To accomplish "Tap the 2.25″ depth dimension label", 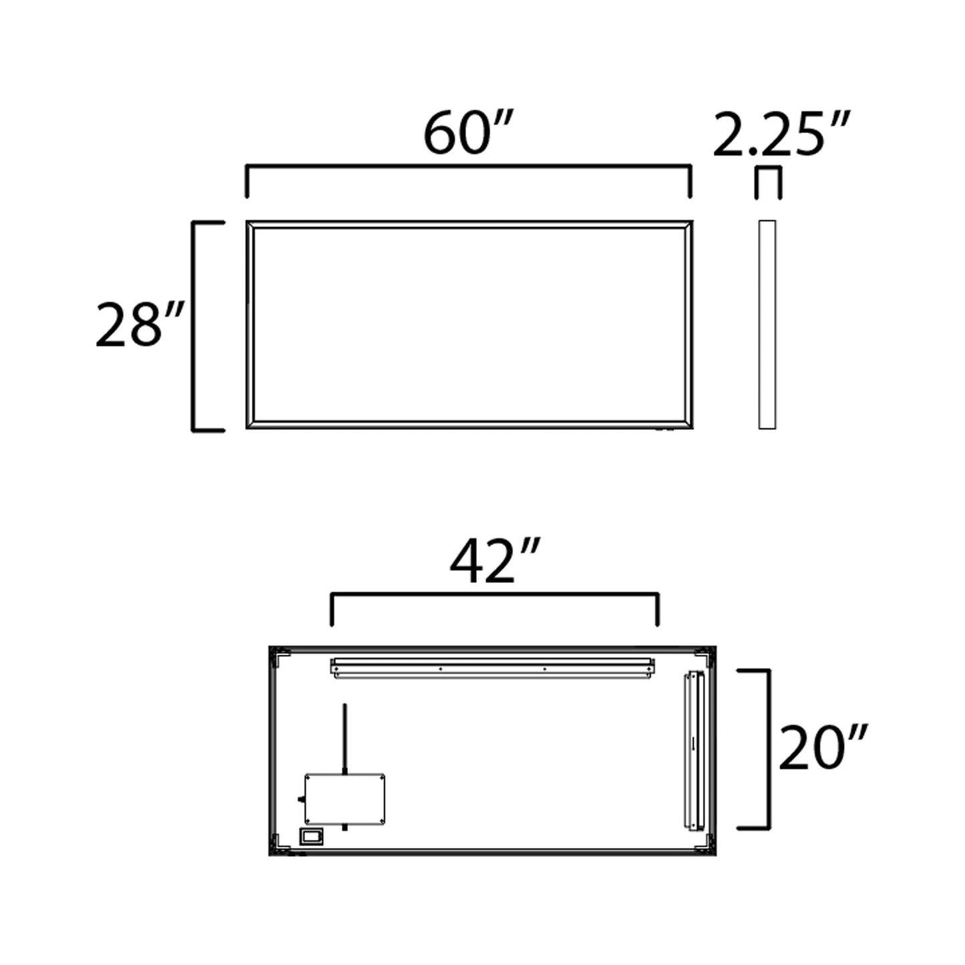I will point(780,136).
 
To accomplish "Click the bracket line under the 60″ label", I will point(468,167).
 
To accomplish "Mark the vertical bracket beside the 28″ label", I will point(194,326).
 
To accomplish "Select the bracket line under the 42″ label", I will point(494,594).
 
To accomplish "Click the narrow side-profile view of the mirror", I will point(767,325).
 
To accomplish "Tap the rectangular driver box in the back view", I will point(345,799).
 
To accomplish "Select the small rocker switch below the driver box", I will point(311,836).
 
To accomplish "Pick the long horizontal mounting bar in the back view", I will point(493,668).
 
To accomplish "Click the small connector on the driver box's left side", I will point(301,799).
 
